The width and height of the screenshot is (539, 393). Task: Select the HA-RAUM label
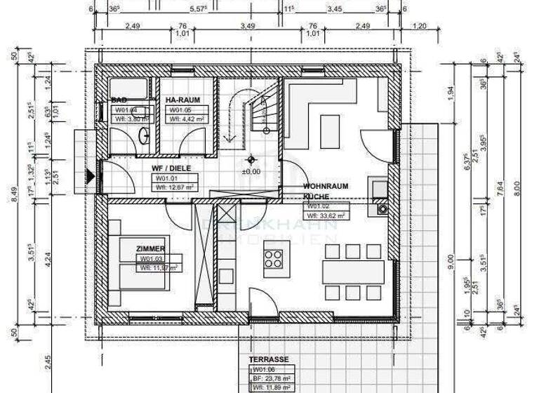tap(182, 100)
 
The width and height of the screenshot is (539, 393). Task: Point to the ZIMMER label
tap(152, 249)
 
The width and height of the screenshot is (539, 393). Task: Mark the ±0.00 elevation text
tap(251, 171)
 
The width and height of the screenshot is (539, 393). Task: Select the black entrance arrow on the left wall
tap(90, 178)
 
